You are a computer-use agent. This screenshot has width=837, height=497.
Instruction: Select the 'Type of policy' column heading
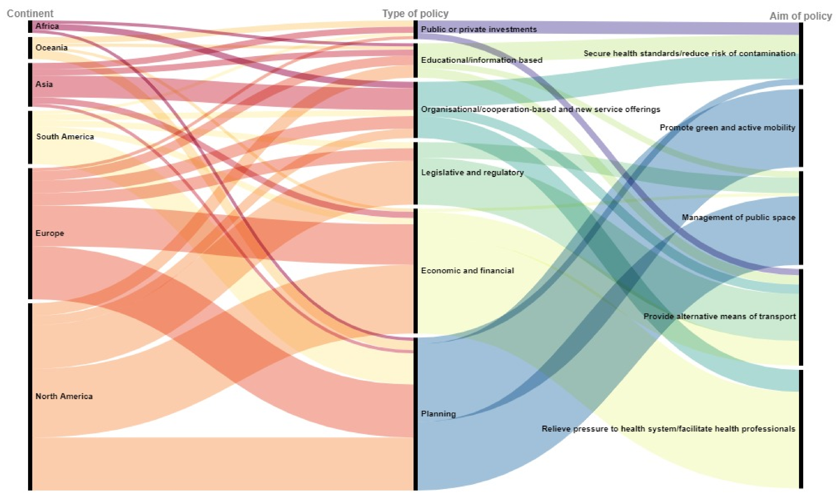pos(415,13)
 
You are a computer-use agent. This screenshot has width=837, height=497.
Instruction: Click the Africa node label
pos(47,26)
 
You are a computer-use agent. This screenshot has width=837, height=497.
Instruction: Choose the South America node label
pos(65,137)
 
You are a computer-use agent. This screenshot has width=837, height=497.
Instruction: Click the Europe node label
pos(50,233)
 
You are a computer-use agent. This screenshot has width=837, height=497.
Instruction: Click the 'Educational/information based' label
pos(481,60)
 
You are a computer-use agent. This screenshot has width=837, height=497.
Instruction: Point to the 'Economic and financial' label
pos(467,271)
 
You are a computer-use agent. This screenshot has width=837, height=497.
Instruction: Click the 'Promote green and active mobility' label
pos(727,128)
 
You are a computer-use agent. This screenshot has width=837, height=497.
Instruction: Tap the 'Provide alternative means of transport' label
pos(719,316)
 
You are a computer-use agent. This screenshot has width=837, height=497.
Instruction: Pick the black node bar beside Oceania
pos(30,48)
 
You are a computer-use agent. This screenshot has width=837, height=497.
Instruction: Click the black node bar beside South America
pos(30,137)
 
